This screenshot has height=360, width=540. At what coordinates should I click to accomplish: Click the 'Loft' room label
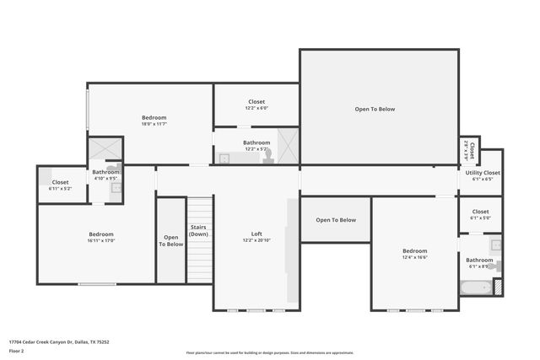(256, 234)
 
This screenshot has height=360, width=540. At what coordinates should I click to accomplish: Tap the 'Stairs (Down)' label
(198, 230)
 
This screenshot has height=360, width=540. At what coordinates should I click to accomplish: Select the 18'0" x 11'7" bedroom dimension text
(154, 124)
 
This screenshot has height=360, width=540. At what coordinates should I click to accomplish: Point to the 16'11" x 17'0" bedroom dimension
(101, 240)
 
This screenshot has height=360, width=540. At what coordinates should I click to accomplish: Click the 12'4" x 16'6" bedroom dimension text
(414, 257)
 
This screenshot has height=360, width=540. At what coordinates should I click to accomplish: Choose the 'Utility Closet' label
(483, 173)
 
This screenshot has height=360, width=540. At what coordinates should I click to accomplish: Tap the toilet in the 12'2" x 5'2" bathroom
(267, 156)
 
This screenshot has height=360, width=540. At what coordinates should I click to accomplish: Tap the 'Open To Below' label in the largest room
(374, 109)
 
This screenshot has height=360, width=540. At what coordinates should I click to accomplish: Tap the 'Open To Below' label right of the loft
(336, 220)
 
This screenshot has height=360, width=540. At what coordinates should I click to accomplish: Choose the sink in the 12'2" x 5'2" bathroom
(225, 158)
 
